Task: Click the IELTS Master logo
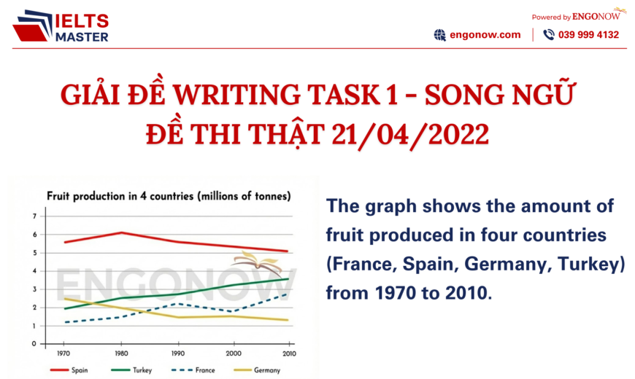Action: pyautogui.click(x=61, y=26)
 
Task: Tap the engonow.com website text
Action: pyautogui.click(x=486, y=34)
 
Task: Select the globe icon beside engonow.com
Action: pyautogui.click(x=439, y=34)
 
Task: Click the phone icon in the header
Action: pyautogui.click(x=549, y=34)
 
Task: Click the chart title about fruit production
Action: pyautogui.click(x=169, y=196)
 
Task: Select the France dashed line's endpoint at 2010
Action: pyautogui.click(x=288, y=294)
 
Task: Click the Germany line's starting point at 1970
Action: pyautogui.click(x=66, y=298)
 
